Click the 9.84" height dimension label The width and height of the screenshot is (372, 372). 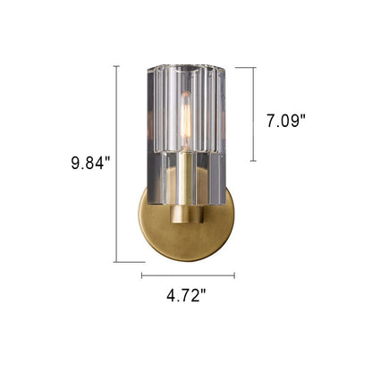90,164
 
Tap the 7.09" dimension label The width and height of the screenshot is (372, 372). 286,122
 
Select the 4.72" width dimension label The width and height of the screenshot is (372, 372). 186,296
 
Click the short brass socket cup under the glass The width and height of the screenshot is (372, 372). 187,214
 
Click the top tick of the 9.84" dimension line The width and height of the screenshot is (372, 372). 116,66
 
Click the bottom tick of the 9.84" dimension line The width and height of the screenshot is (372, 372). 116,262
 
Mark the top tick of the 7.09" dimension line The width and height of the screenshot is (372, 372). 253,68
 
